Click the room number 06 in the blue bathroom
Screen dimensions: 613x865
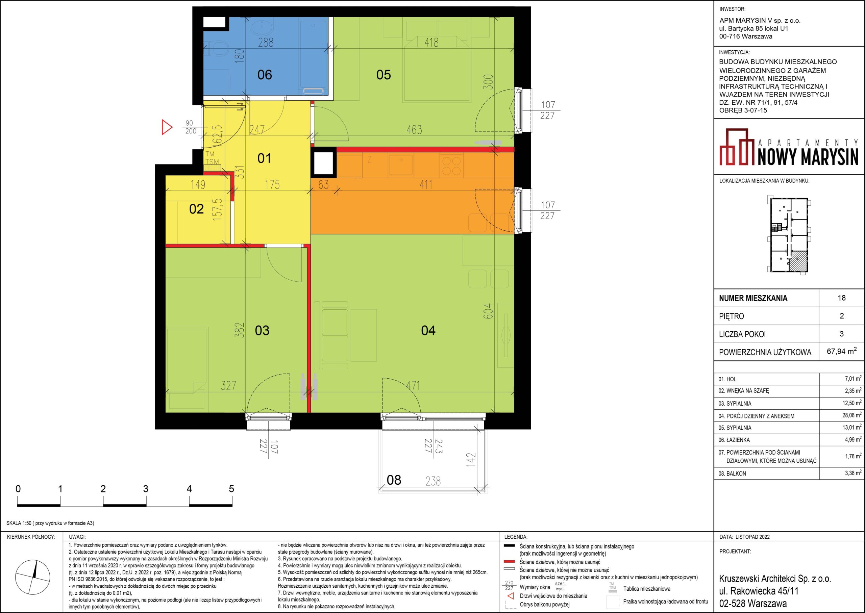pos(264,75)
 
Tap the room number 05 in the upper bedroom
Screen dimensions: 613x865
pos(383,75)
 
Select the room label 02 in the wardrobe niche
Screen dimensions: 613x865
pos(196,209)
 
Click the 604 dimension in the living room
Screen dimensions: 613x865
pos(488,311)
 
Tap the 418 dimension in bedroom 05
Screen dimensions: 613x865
pos(431,42)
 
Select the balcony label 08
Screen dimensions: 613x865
pos(394,480)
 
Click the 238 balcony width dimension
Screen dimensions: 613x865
pos(433,481)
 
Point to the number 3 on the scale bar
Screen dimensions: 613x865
pos(146,489)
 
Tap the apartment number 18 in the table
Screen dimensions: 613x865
pos(841,298)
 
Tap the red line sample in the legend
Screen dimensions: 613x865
pos(509,562)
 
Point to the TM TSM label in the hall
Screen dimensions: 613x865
pos(212,158)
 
